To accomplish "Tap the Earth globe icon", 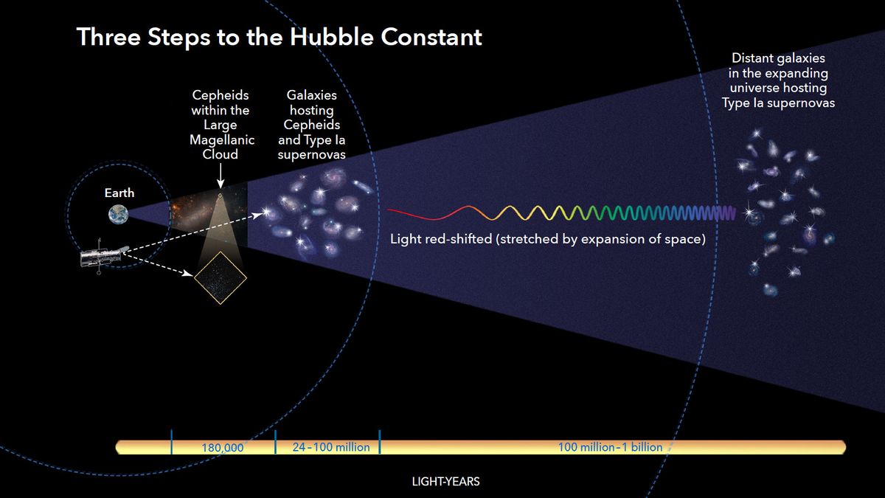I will coord(118,215).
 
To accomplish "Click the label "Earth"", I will coord(119,193).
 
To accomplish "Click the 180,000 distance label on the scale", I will coord(223,447).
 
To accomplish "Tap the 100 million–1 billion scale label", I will coord(610,447).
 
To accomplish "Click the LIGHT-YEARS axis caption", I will coord(445,482).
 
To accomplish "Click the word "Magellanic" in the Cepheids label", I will coord(220,139).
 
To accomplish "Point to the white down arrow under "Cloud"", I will coord(220,177).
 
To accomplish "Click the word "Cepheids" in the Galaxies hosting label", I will coord(312,125).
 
